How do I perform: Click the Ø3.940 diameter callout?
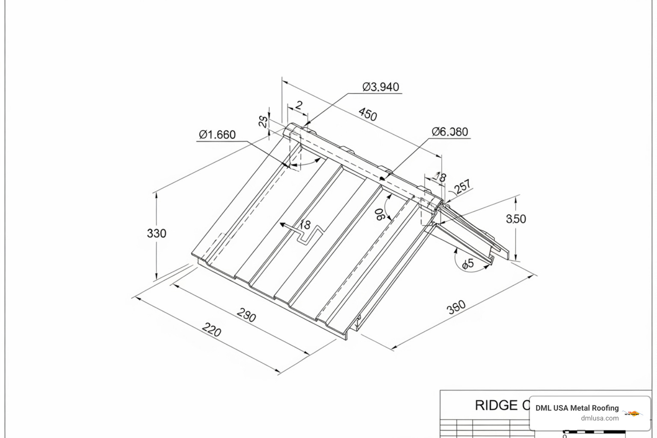coord(380,87)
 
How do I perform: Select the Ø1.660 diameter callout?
coord(217,135)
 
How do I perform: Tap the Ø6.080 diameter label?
coord(450,132)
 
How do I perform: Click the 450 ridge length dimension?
coord(367,114)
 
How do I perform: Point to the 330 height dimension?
coord(157,234)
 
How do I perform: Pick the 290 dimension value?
coord(246,315)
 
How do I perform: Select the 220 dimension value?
coord(211,330)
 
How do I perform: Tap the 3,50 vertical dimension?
coord(516,219)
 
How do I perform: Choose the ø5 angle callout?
coord(468,263)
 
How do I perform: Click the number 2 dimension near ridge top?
coord(299,105)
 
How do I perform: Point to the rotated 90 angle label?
coord(379,214)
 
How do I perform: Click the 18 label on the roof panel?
coord(305,224)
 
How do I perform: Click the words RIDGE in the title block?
coord(496,405)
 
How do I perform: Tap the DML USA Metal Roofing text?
coord(577,408)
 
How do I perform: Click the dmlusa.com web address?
coord(600,418)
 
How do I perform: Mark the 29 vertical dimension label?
coord(263,121)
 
